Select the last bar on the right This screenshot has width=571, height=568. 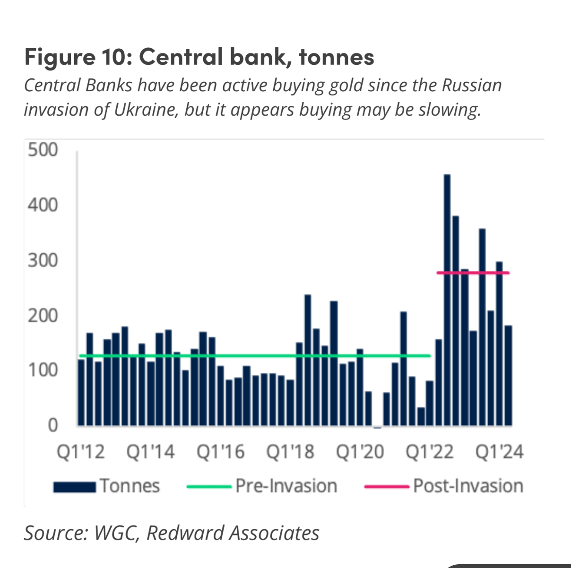pyautogui.click(x=508, y=376)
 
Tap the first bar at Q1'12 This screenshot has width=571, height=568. pyautogui.click(x=81, y=392)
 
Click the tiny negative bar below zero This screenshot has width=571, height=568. pyautogui.click(x=377, y=427)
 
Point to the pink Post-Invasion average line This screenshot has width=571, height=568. pyautogui.click(x=473, y=273)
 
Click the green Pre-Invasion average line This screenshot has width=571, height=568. pyautogui.click(x=255, y=356)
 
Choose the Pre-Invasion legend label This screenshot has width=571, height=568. pyautogui.click(x=286, y=486)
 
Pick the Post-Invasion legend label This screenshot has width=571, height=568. pyautogui.click(x=468, y=486)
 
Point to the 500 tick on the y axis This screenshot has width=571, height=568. pyautogui.click(x=43, y=150)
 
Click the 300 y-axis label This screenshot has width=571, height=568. pyautogui.click(x=43, y=260)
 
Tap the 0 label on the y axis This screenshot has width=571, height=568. pyautogui.click(x=52, y=425)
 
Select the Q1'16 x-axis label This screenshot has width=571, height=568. pyautogui.click(x=220, y=452)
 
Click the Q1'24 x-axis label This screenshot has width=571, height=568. pyautogui.click(x=500, y=452)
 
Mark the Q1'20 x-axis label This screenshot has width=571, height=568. pyautogui.click(x=360, y=452)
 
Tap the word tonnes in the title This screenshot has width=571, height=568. pyautogui.click(x=337, y=57)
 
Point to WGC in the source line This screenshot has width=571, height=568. pyautogui.click(x=116, y=533)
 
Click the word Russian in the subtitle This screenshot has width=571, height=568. pyautogui.click(x=471, y=86)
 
